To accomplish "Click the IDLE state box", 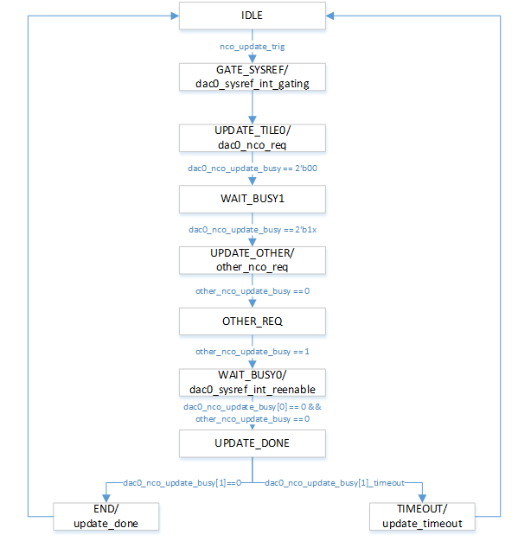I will pyautogui.click(x=253, y=16).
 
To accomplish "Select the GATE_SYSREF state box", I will pyautogui.click(x=253, y=76).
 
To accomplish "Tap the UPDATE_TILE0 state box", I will pyautogui.click(x=253, y=137).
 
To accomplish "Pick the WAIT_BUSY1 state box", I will pyautogui.click(x=253, y=199).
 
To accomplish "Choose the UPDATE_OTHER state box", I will pyautogui.click(x=253, y=260).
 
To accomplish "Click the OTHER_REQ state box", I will pyautogui.click(x=253, y=321).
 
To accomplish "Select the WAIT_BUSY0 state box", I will pyautogui.click(x=253, y=382).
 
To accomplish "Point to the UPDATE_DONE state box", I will pyautogui.click(x=253, y=443).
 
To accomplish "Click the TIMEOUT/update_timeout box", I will pyautogui.click(x=423, y=516).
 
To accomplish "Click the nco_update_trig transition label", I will pyautogui.click(x=252, y=46).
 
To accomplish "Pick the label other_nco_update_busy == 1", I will pyautogui.click(x=253, y=352).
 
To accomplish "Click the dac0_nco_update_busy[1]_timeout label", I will pyautogui.click(x=347, y=482).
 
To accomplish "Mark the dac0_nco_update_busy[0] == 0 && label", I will pyautogui.click(x=253, y=407).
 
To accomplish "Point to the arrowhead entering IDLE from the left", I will pyautogui.click(x=174, y=16).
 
